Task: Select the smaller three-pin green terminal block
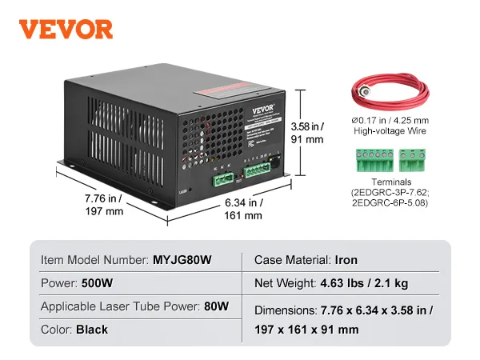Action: click(x=412, y=162)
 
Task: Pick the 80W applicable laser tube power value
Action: click(x=216, y=306)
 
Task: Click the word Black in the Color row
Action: click(x=92, y=329)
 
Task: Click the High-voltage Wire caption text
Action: click(x=389, y=130)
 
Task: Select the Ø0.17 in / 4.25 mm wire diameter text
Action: click(x=389, y=119)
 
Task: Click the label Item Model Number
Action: click(x=94, y=260)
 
